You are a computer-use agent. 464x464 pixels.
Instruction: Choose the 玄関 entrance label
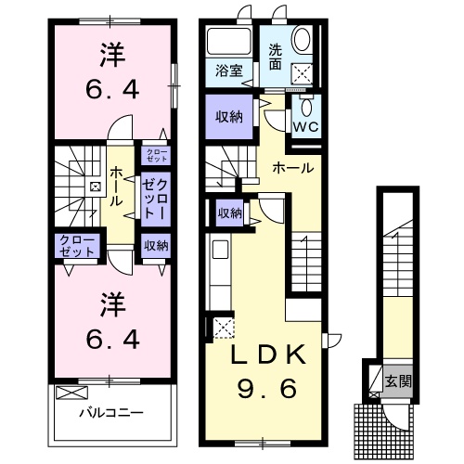398,380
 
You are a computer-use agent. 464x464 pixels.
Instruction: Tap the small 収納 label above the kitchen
230,213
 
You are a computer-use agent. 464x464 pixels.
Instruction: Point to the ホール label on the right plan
292,168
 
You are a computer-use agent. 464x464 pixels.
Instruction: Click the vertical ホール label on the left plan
116,186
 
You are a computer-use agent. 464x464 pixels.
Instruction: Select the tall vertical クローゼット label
154,198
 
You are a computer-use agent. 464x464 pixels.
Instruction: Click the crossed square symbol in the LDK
224,328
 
